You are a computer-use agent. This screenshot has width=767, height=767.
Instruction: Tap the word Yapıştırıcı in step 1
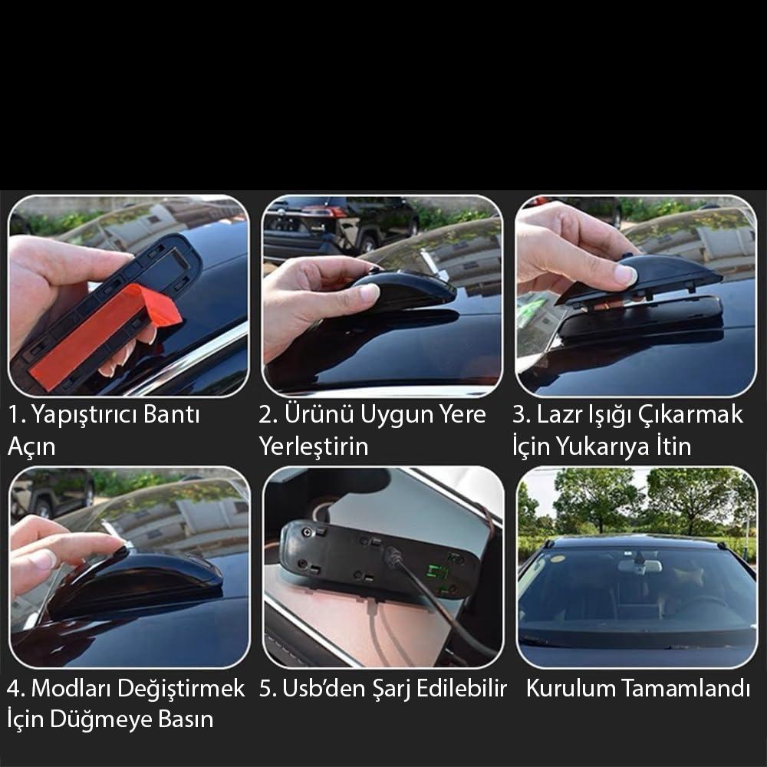point(85,415)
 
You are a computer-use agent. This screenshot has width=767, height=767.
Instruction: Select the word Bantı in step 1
point(172,414)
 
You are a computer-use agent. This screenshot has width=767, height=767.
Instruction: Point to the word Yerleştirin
point(314,446)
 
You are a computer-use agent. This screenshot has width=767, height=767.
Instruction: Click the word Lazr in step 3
point(555,415)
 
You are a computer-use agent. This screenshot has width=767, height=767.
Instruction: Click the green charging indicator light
point(437,572)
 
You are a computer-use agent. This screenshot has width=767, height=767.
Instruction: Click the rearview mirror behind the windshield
point(640,566)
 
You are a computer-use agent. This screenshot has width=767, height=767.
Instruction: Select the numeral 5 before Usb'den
point(265,688)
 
